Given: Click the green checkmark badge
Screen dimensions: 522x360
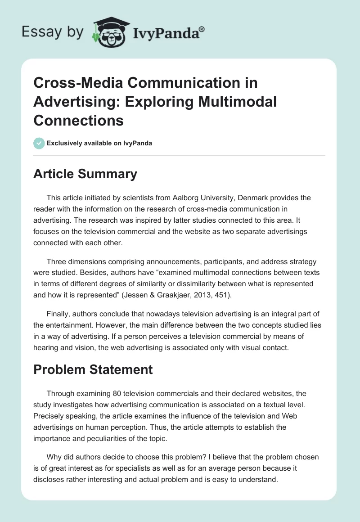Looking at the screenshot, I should point(39,143).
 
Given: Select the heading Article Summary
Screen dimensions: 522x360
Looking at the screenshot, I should point(85,174).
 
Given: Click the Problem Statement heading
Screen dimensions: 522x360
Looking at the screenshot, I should point(93,369).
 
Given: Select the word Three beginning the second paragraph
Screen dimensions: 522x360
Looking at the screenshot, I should point(57,261).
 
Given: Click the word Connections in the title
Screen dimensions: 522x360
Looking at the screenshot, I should point(78,120).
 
